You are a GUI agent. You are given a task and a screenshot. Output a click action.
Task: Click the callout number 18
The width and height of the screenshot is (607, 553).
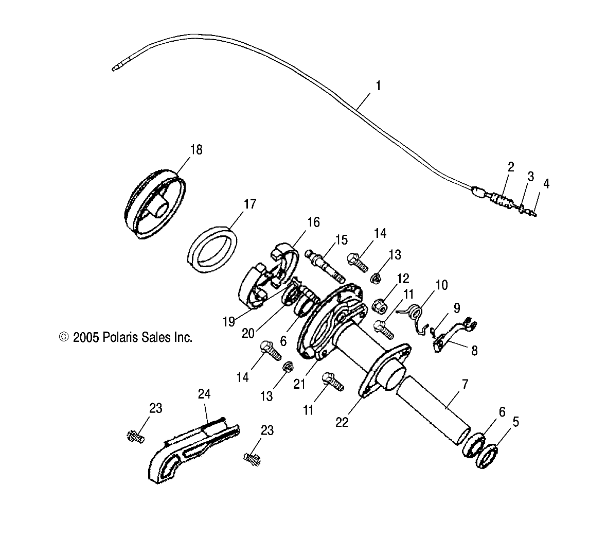196,150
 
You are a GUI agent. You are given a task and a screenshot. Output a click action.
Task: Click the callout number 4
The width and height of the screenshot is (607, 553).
546,184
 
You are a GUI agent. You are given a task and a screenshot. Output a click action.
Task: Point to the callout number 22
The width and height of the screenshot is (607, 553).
342,422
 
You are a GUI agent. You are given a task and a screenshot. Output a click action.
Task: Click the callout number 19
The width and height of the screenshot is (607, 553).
229,322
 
